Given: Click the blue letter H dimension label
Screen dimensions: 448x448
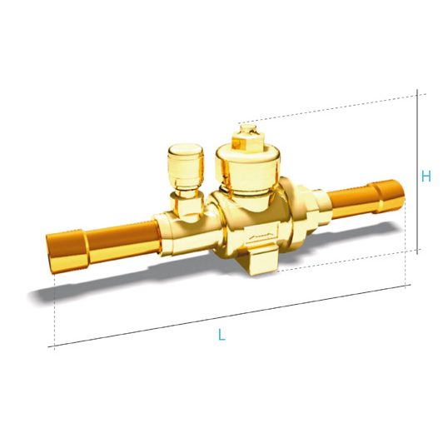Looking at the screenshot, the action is [x=426, y=177].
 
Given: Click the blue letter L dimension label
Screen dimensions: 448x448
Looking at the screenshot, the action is [x=222, y=335].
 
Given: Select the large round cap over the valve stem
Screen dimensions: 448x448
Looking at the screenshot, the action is [x=247, y=168].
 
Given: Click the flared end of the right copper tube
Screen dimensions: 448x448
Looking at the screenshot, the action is [x=390, y=196].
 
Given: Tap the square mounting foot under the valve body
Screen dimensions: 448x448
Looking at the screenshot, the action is [x=263, y=261].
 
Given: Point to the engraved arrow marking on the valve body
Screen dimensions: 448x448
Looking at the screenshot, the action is [x=261, y=236].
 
